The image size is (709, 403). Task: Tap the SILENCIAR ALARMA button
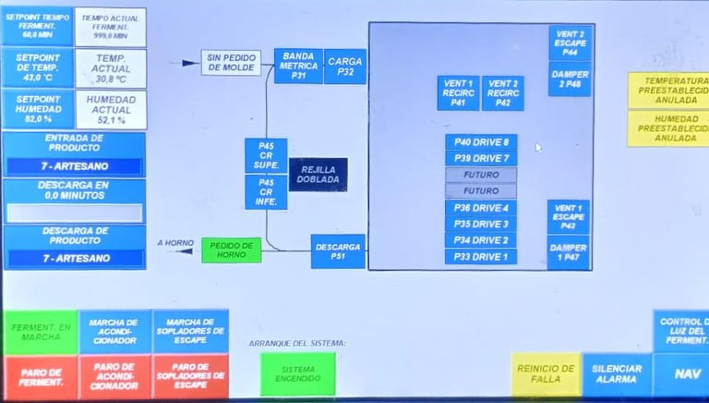pyautogui.click(x=616, y=374)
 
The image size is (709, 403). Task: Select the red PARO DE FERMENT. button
pyautogui.click(x=40, y=377)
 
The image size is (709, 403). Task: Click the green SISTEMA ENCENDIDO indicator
pyautogui.click(x=292, y=374)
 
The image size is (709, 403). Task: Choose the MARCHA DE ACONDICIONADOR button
pyautogui.click(x=114, y=332)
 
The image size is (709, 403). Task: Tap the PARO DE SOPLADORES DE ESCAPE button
pyautogui.click(x=190, y=377)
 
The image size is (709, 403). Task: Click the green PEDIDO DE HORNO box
pyautogui.click(x=231, y=250)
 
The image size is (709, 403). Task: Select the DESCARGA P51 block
pyautogui.click(x=337, y=250)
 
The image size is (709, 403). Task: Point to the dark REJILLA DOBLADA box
pyautogui.click(x=318, y=175)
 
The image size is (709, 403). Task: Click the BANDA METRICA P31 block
pyautogui.click(x=298, y=67)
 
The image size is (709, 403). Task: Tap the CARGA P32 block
pyautogui.click(x=345, y=67)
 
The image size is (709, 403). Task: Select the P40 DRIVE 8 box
pyautogui.click(x=480, y=142)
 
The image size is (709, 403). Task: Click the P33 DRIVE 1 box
pyautogui.click(x=480, y=256)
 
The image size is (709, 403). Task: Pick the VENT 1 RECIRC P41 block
pyautogui.click(x=458, y=93)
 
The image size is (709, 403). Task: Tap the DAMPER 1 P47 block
pyautogui.click(x=568, y=252)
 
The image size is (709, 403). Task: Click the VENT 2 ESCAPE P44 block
pyautogui.click(x=570, y=43)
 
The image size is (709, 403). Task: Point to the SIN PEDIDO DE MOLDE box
pyautogui.click(x=232, y=63)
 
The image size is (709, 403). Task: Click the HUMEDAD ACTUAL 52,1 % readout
pyautogui.click(x=111, y=110)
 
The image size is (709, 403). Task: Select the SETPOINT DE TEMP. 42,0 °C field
pyautogui.click(x=37, y=67)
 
